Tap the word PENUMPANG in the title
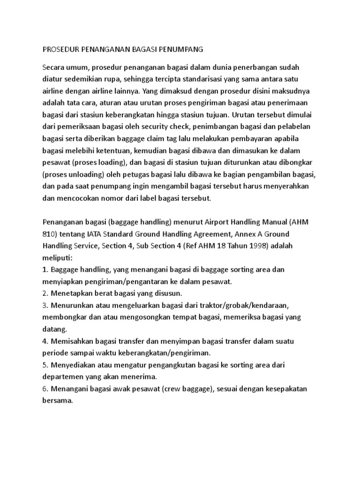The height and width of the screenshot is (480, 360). (x=180, y=48)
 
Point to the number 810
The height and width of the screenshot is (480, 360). (x=50, y=234)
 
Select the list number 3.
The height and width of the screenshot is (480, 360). (x=45, y=305)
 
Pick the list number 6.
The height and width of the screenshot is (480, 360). (x=45, y=390)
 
